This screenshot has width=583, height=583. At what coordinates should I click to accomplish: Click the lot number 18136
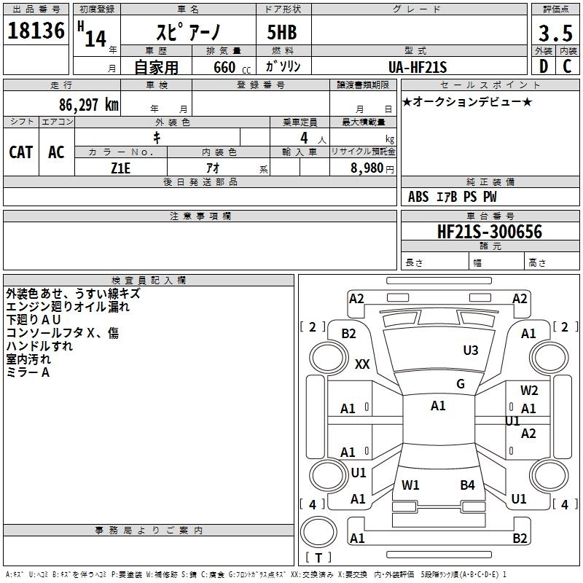click(x=36, y=31)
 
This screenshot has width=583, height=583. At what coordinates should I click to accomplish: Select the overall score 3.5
click(x=554, y=33)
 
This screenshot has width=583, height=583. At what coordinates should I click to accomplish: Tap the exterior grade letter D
click(x=543, y=66)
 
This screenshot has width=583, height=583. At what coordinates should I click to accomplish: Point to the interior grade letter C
click(x=567, y=66)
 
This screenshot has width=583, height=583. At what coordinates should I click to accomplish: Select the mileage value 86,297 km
click(x=88, y=104)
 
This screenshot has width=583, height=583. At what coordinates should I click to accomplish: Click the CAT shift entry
click(x=21, y=152)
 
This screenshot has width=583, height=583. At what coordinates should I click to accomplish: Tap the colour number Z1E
click(x=121, y=167)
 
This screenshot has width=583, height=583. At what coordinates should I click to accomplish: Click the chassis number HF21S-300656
click(x=489, y=232)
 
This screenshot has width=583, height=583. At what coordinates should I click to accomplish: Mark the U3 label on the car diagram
click(x=471, y=351)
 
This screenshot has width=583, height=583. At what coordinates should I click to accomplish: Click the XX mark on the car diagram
click(x=362, y=364)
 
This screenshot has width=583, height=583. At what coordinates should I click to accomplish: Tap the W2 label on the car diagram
click(x=529, y=391)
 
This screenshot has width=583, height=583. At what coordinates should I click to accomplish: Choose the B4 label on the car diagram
click(x=467, y=485)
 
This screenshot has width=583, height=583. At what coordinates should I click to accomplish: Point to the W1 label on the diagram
click(x=410, y=485)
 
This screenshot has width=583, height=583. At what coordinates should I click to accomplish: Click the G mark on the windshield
click(x=460, y=383)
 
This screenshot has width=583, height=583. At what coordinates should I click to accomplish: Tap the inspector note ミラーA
click(x=28, y=372)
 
